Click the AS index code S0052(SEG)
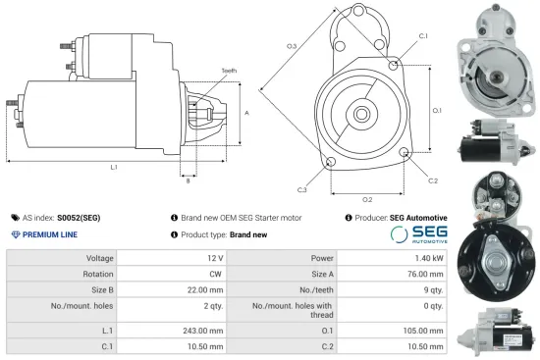[x=79, y=218]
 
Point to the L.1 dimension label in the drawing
[x=114, y=168]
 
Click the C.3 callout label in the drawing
[x=301, y=188]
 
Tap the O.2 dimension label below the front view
[x=367, y=200]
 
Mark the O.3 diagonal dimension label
[x=292, y=46]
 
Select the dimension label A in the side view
[x=247, y=114]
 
